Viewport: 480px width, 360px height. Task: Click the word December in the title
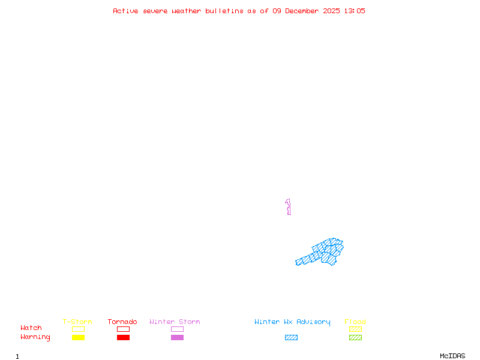(x=302, y=11)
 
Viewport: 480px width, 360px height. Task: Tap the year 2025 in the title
(x=332, y=11)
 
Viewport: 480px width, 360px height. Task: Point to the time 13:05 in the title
(x=355, y=11)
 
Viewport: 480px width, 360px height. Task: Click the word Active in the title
(x=125, y=11)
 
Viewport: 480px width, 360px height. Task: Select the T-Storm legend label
(x=77, y=322)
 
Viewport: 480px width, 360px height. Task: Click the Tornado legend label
(x=122, y=322)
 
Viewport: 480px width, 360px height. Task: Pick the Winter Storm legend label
(x=175, y=322)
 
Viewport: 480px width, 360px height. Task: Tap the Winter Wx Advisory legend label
(x=292, y=322)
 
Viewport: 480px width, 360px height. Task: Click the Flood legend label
(x=355, y=322)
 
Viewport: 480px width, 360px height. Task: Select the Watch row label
(x=31, y=328)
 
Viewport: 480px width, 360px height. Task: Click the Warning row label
(x=35, y=337)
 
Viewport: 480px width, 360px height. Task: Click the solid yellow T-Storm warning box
(x=79, y=337)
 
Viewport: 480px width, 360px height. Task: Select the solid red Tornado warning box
(x=124, y=337)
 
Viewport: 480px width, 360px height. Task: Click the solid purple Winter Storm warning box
(x=177, y=337)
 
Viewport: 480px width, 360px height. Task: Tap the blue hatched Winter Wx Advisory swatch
(x=291, y=337)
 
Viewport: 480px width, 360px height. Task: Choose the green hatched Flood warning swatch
(x=355, y=337)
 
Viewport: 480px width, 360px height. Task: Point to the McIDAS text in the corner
(x=452, y=356)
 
